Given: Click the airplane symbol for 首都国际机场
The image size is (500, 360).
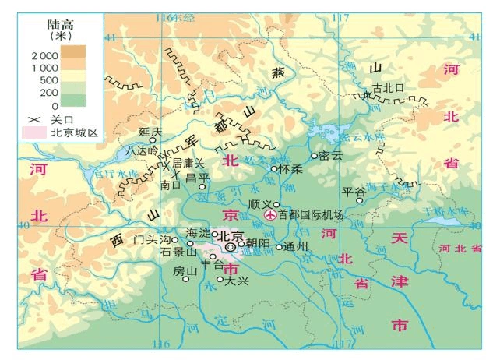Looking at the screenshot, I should (x=270, y=215).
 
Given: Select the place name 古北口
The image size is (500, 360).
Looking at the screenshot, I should (x=389, y=87).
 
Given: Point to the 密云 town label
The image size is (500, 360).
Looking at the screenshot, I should (x=331, y=155).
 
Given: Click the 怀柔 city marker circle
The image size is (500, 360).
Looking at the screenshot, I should (x=273, y=168).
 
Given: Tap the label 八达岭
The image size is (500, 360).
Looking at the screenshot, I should (x=142, y=149).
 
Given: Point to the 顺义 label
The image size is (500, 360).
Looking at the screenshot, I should (x=259, y=203).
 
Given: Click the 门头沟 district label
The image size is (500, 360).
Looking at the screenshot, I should (x=150, y=239).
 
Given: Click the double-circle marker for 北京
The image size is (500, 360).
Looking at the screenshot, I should (x=231, y=247).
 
